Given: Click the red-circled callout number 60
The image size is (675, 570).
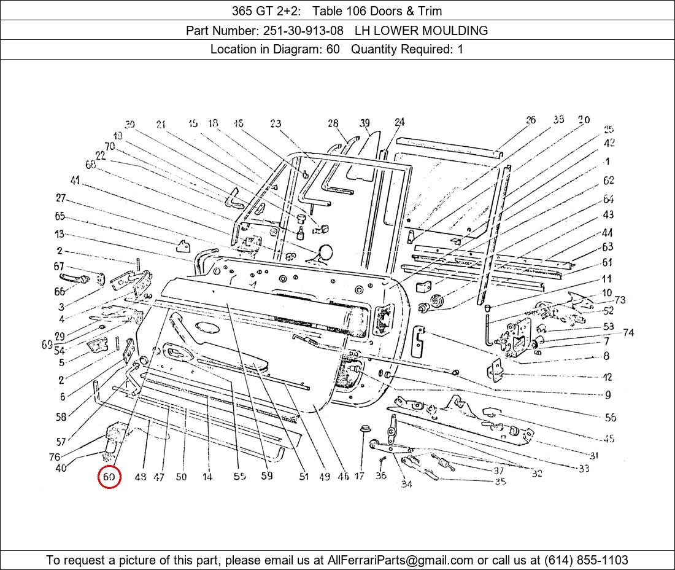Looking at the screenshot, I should pyautogui.click(x=109, y=477).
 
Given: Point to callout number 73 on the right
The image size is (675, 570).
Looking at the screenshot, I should pyautogui.click(x=620, y=300).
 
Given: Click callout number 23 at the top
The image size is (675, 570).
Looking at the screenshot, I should pyautogui.click(x=276, y=124).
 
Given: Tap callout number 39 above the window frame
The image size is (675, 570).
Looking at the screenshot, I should pyautogui.click(x=365, y=123).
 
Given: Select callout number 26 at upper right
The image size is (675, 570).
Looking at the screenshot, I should pyautogui.click(x=531, y=120).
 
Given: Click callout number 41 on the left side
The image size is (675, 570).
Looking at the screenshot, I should pyautogui.click(x=75, y=181).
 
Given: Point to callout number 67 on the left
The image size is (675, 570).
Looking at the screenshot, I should pyautogui.click(x=59, y=267).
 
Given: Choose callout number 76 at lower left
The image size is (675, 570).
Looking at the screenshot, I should pyautogui.click(x=55, y=457).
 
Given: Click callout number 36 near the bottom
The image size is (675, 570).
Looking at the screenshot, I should pyautogui.click(x=381, y=475).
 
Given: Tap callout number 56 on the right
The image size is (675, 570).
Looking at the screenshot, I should pyautogui.click(x=610, y=418).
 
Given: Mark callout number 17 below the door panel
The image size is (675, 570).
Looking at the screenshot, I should pyautogui.click(x=360, y=476).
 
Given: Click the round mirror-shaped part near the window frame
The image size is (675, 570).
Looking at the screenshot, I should pyautogui.click(x=325, y=252).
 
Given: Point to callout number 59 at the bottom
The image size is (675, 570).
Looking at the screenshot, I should pyautogui.click(x=266, y=475).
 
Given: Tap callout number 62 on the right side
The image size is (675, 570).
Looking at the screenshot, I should pyautogui.click(x=608, y=181).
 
